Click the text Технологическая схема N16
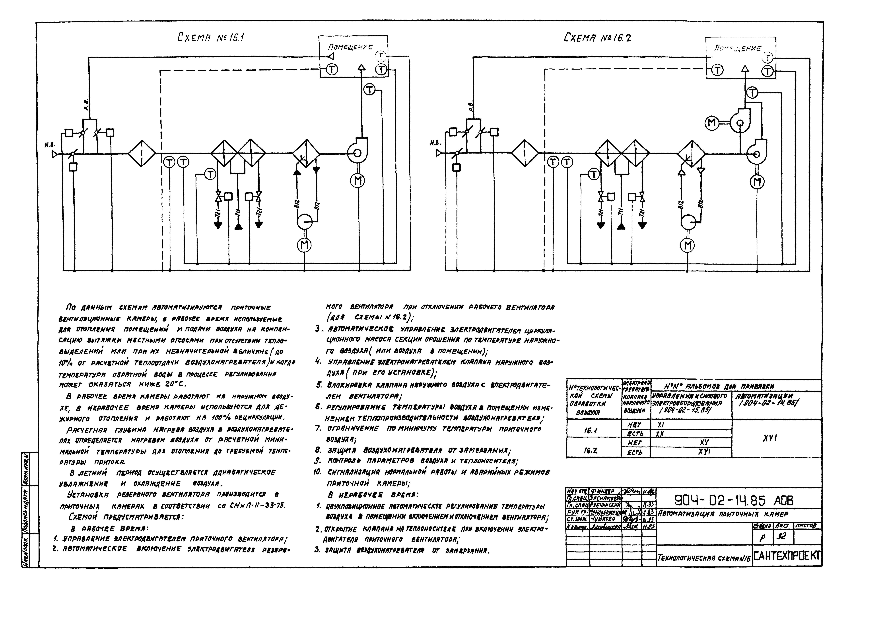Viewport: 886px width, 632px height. point(703,558)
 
